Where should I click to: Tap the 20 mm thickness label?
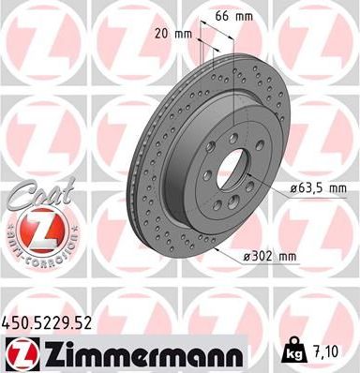coord(176,35)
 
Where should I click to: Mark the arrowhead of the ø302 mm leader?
coord(218,247)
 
